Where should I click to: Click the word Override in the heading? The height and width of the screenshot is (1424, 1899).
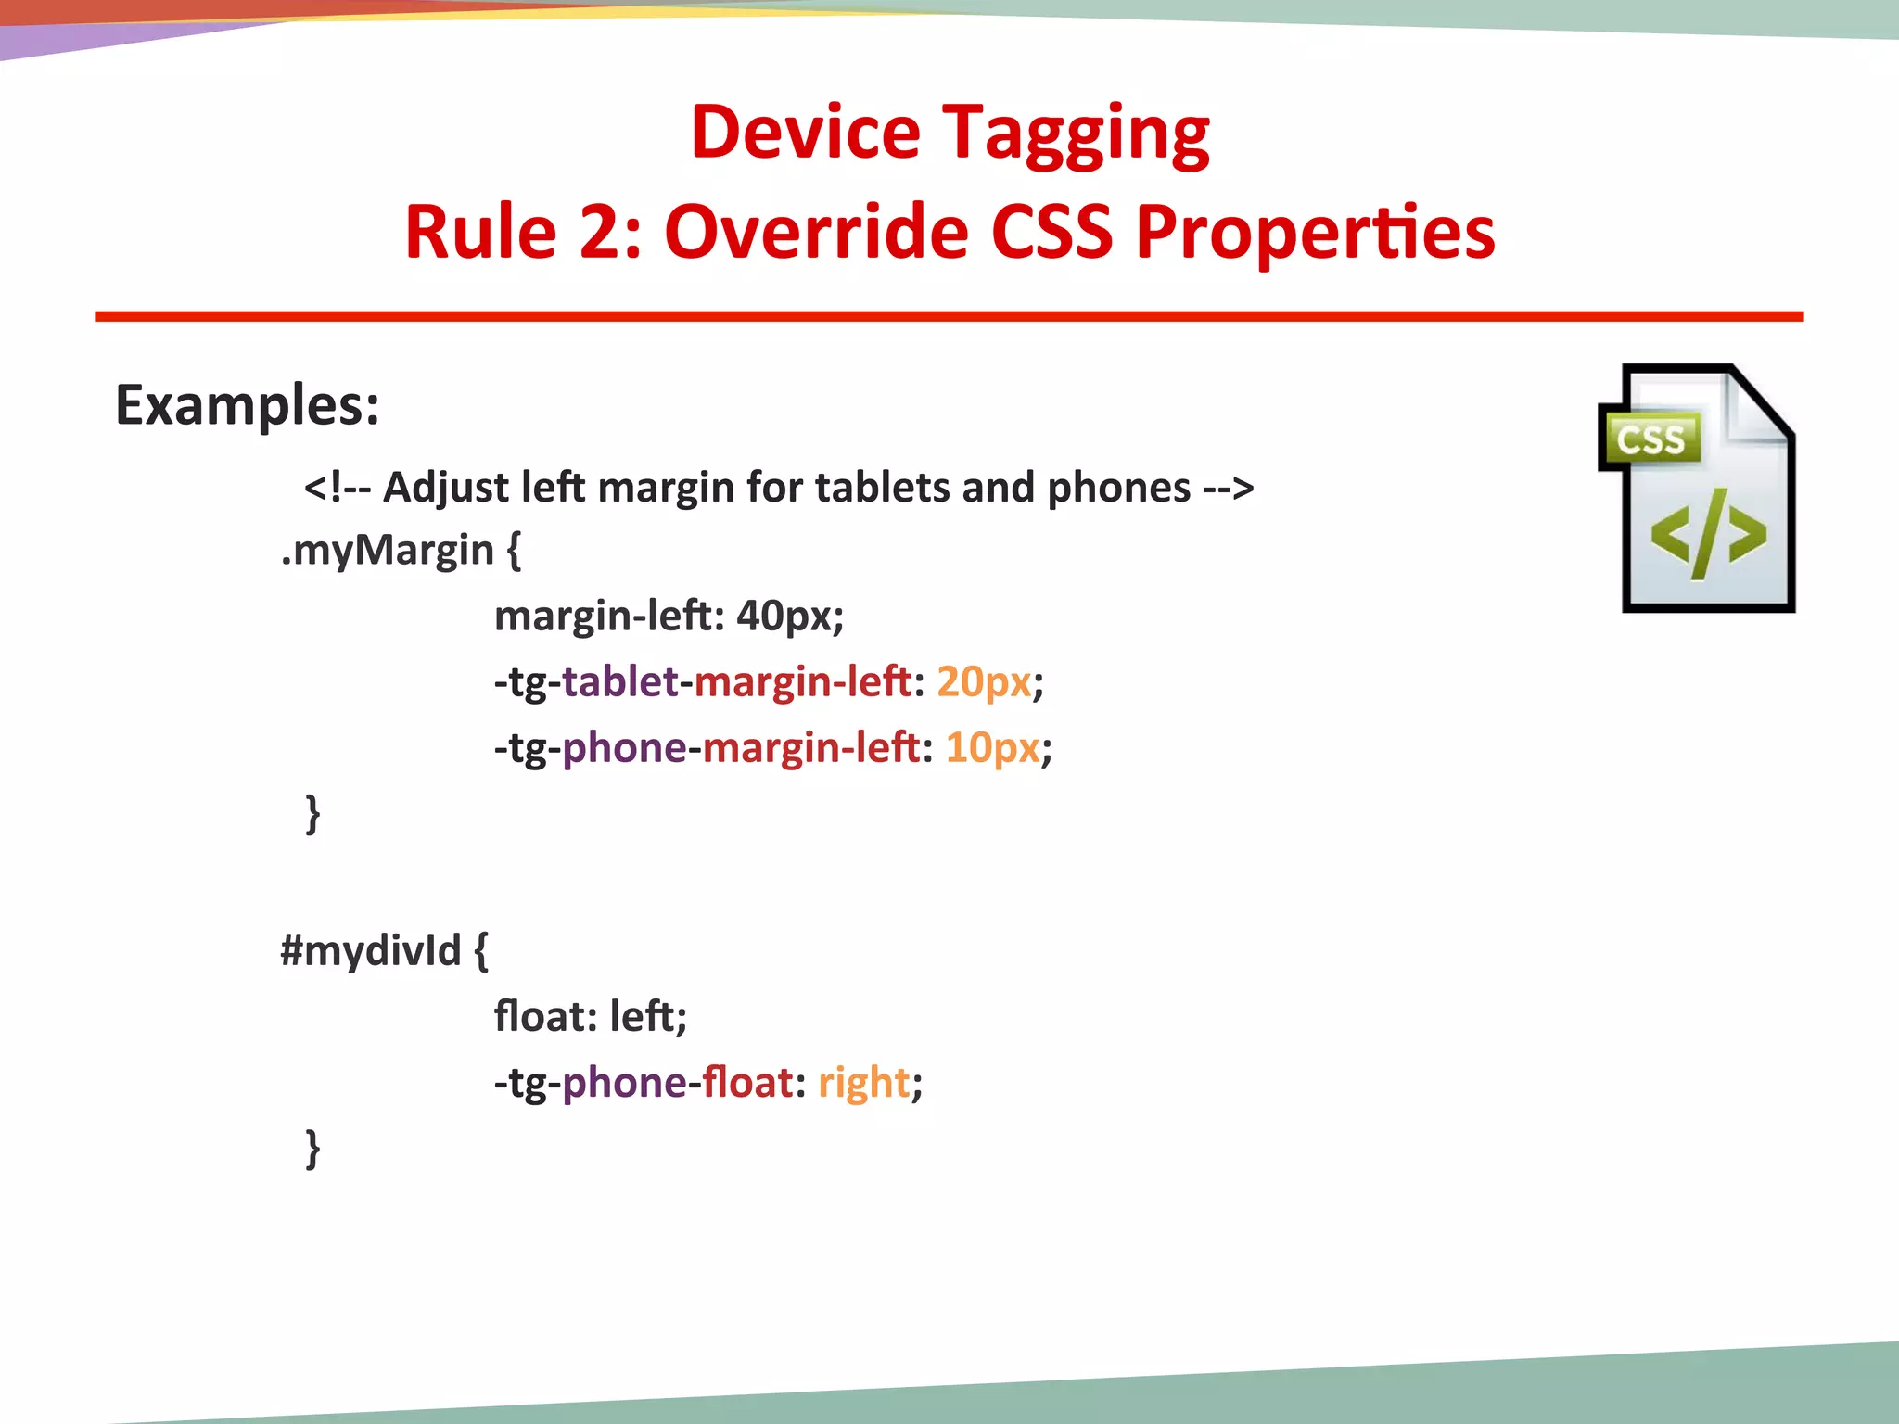click(x=816, y=232)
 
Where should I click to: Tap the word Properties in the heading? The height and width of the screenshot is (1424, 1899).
click(x=1315, y=232)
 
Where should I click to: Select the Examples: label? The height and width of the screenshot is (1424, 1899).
click(x=248, y=405)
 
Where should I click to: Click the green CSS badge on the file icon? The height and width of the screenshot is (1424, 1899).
click(x=1650, y=439)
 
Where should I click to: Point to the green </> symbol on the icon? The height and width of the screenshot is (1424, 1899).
click(x=1708, y=535)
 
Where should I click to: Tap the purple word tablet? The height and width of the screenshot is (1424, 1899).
click(x=620, y=681)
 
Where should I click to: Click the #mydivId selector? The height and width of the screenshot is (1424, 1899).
click(x=371, y=950)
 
